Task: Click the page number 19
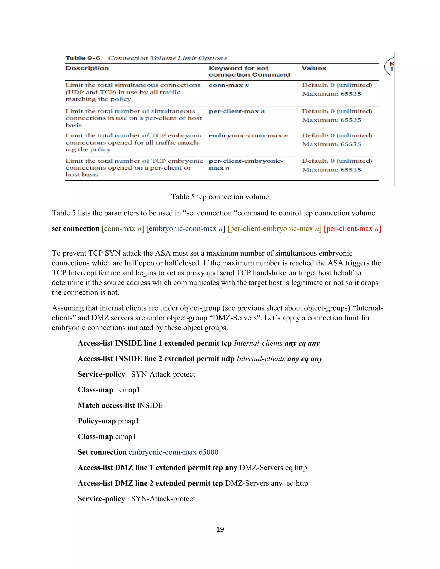tap(220, 529)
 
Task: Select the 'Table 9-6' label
tap(83, 58)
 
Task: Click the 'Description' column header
tap(87, 68)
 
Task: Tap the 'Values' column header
tap(314, 68)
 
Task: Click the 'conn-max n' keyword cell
tap(229, 85)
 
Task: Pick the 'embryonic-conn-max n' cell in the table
tap(248, 135)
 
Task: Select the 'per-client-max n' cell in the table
tap(236, 111)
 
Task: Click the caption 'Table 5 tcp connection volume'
tap(220, 197)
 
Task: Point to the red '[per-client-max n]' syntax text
tap(352, 228)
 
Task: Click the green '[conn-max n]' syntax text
tap(122, 228)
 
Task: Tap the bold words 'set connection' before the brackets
tap(75, 228)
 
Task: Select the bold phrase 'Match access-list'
tap(106, 405)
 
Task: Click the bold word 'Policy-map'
tap(97, 421)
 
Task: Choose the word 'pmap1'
tap(128, 421)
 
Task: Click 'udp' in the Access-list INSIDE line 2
tap(228, 359)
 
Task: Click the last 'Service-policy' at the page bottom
tap(101, 499)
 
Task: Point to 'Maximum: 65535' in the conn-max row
tap(332, 94)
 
